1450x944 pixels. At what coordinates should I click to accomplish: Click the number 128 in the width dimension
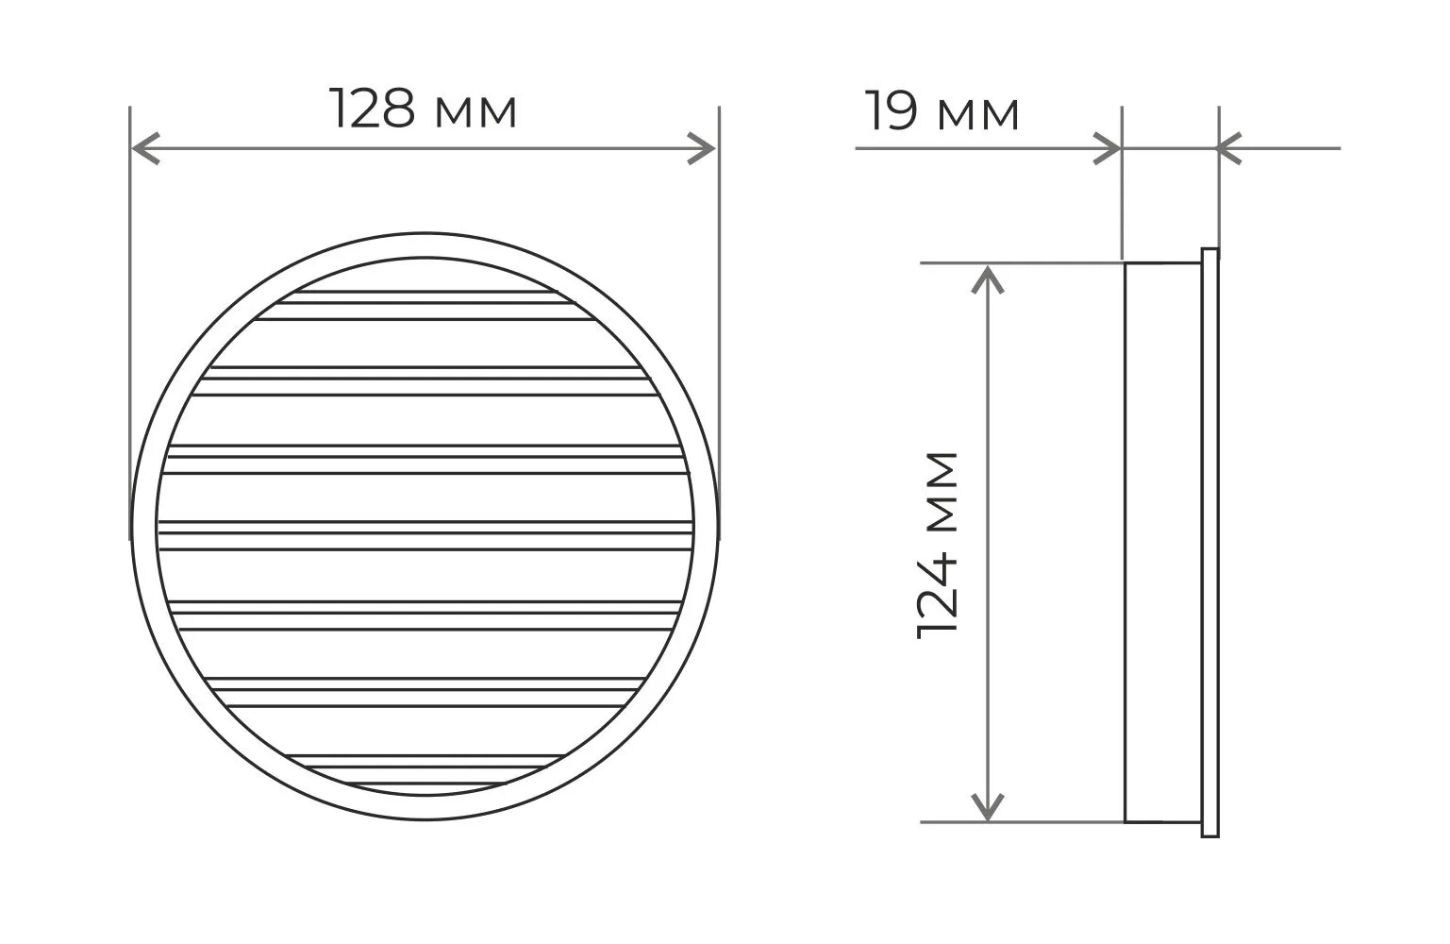[373, 109]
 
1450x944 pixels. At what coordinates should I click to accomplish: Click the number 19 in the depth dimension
[892, 111]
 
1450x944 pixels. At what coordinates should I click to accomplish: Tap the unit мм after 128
[475, 112]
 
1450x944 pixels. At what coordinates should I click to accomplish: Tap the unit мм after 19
[978, 115]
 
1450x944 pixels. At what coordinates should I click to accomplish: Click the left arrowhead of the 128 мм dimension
[145, 148]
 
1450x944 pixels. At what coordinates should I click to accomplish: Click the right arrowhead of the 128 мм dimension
[701, 148]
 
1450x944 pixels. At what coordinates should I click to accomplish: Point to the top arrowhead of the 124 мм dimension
[987, 280]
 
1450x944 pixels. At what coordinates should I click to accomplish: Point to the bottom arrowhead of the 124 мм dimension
[987, 806]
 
